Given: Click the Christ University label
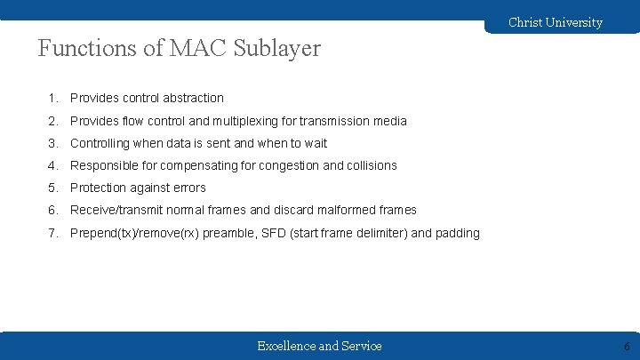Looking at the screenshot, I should (555, 22).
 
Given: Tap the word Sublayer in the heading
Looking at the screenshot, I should (276, 49).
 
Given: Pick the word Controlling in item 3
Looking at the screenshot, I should (100, 143).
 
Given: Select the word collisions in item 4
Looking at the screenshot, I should (372, 165).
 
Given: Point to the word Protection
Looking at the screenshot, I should (99, 188).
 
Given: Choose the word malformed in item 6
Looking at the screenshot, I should (339, 210).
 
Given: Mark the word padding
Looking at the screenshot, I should (456, 233).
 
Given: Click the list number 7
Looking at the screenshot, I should (53, 233).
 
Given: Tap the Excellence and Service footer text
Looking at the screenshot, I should (319, 346).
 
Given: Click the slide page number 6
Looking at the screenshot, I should (627, 347).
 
